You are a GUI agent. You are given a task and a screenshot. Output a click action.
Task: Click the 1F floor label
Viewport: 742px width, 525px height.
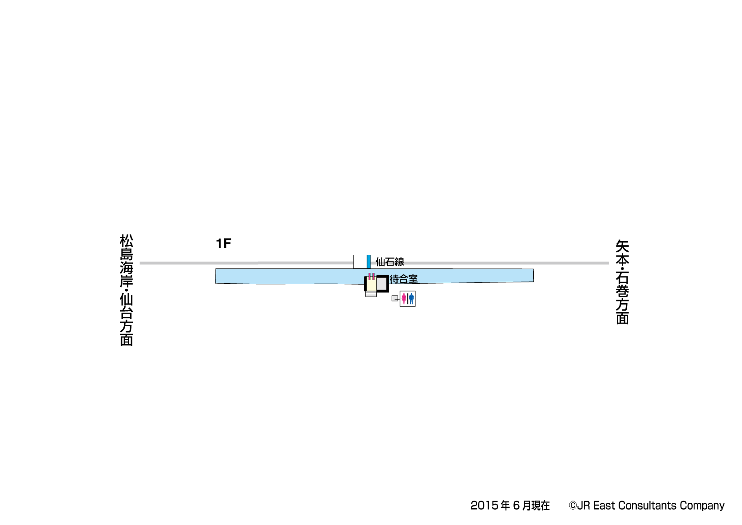[x=224, y=244]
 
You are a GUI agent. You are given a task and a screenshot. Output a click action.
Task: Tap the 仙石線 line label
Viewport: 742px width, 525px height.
[x=390, y=262]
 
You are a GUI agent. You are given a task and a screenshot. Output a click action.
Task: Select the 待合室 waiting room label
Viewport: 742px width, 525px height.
[x=404, y=279]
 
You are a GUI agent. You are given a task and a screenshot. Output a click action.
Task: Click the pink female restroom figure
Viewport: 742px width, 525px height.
[x=404, y=299]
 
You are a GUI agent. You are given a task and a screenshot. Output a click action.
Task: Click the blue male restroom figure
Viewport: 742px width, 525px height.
[x=411, y=299]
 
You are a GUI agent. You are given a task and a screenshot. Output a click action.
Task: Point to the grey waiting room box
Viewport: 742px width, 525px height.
[x=381, y=284]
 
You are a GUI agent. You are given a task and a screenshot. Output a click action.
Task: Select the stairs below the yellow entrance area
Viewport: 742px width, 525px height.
[x=371, y=294]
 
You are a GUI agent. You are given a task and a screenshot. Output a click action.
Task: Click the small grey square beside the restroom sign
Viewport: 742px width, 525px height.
[x=395, y=299]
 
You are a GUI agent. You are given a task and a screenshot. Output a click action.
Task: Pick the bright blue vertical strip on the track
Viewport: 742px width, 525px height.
[x=369, y=262]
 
